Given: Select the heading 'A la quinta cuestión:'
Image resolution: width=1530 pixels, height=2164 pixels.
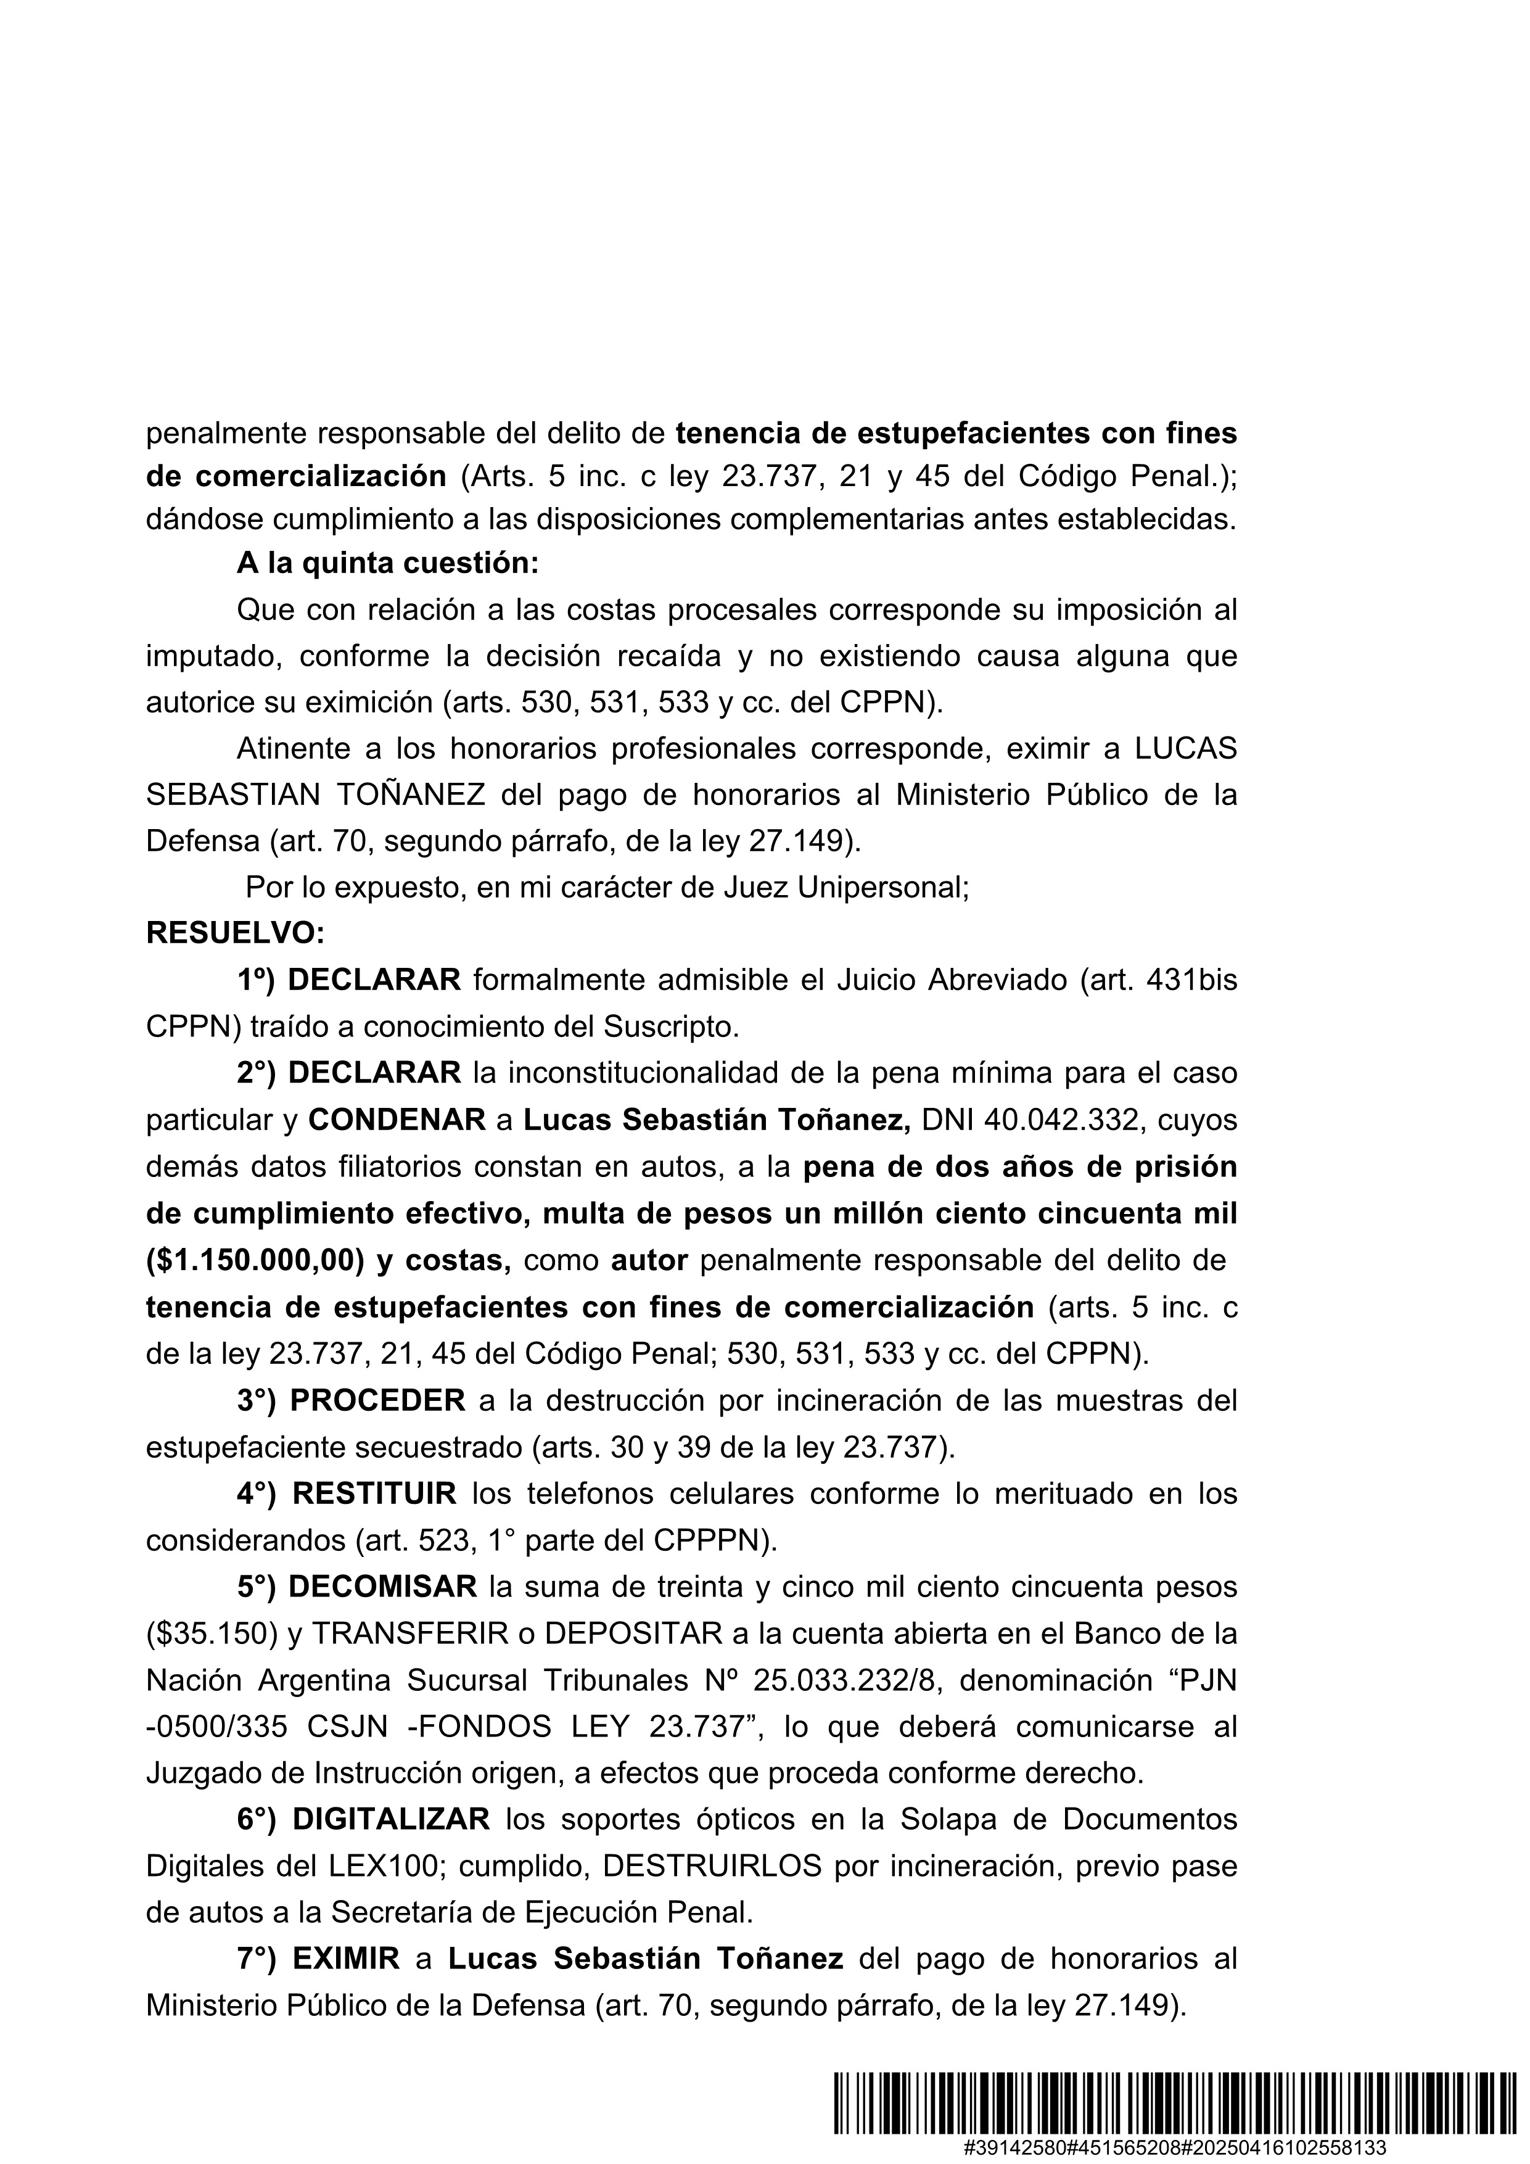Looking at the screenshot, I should coord(387,563).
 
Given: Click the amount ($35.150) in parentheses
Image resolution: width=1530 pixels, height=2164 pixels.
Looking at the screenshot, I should coord(212,1632).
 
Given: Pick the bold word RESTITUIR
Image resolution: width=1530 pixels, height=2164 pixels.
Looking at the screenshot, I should coord(374,1493).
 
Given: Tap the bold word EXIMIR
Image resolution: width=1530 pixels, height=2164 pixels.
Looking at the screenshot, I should coord(346,1959).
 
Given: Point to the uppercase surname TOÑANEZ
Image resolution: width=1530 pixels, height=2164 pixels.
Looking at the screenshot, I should coord(410,795).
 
